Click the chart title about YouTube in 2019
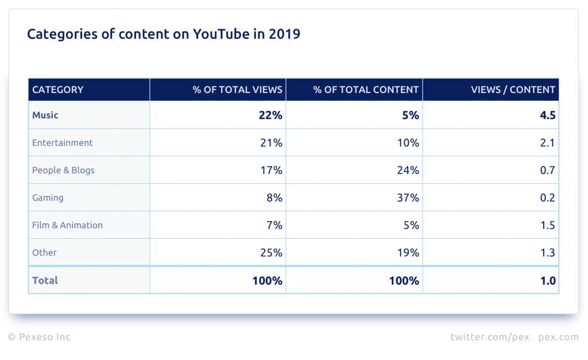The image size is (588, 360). point(164,34)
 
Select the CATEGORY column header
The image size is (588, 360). point(58,90)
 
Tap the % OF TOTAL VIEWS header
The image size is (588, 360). point(237,90)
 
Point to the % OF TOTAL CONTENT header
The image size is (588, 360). point(366,90)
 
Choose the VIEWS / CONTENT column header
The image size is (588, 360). point(513,90)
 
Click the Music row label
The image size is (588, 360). point(45,115)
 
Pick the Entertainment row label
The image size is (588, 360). point(62,142)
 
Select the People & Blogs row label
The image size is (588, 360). point(63,171)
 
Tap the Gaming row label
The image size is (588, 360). point(48,198)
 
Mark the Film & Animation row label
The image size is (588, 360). point(68,225)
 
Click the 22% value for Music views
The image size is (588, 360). point(270,115)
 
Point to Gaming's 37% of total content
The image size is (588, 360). point(408,198)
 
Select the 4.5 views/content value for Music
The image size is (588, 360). point(547,115)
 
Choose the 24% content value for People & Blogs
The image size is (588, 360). point(408,171)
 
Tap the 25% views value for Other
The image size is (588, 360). point(271,253)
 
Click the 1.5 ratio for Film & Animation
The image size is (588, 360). point(547,225)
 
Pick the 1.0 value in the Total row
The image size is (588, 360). point(548,281)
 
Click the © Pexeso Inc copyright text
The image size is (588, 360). point(40,337)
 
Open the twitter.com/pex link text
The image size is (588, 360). point(490,337)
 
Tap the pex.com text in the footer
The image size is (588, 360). point(558,338)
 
